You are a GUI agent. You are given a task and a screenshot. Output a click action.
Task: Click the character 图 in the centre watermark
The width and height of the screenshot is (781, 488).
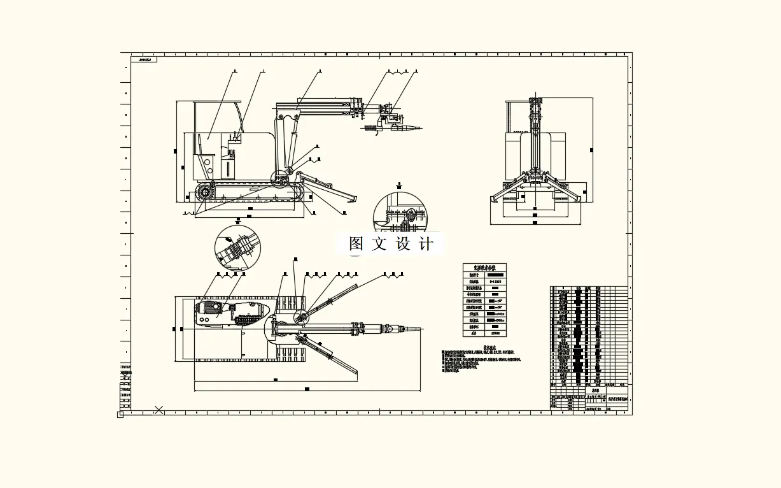point(356,244)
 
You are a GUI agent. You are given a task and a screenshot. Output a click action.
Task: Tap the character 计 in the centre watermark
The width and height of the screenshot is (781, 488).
point(427,244)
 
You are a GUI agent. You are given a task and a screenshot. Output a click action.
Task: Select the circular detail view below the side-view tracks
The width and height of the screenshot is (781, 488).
point(238,247)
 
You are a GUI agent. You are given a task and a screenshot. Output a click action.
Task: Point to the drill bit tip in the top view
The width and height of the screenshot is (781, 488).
point(419,329)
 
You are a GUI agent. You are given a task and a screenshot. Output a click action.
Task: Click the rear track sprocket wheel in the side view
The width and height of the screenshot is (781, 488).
point(204,192)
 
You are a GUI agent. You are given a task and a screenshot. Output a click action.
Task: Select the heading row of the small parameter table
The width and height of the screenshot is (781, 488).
point(484,268)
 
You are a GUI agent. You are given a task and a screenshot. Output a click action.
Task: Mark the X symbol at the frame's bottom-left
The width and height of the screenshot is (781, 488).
point(158,410)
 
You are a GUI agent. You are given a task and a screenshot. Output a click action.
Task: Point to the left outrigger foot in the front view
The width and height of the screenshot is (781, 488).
point(494,199)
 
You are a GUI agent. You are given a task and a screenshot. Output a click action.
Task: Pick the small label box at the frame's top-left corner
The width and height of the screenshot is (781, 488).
point(144,60)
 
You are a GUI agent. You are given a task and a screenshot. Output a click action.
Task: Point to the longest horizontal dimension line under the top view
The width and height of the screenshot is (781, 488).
point(307,388)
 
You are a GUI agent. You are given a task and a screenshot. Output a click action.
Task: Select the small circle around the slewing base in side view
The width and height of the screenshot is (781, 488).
point(280,178)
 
